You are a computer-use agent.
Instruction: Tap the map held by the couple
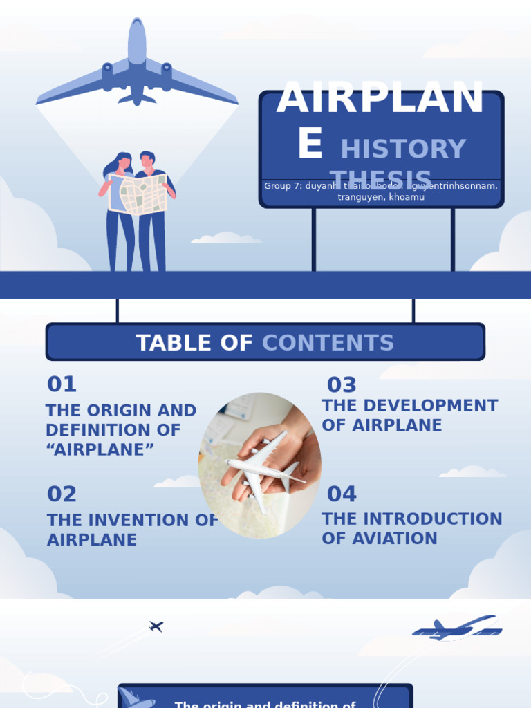[x=138, y=194]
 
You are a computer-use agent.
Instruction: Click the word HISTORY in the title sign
[x=403, y=149]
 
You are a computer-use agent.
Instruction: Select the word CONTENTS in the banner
[x=328, y=343]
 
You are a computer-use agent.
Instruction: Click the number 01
[x=62, y=384]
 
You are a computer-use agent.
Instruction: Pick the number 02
[x=62, y=494]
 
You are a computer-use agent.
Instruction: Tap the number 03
[x=342, y=385]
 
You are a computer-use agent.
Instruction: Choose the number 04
[x=342, y=494]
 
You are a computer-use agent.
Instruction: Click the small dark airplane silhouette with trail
[x=156, y=626]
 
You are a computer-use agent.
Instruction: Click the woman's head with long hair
[x=123, y=162]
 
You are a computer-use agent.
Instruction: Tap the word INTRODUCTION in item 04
[x=432, y=519]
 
